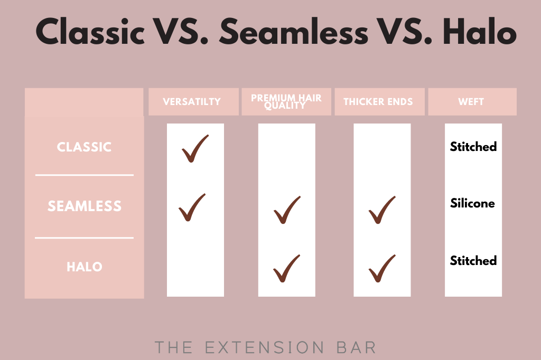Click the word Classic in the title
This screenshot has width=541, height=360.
(x=90, y=31)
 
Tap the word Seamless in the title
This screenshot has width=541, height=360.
(x=294, y=31)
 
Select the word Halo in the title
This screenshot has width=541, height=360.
(x=480, y=31)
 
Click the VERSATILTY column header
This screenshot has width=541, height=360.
(x=192, y=102)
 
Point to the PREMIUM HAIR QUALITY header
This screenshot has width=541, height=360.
(x=286, y=102)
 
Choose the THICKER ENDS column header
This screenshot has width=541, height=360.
(x=378, y=102)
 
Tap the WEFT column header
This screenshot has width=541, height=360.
(x=471, y=102)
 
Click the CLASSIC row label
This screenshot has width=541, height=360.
(x=84, y=147)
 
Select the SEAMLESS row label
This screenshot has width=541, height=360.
(x=85, y=206)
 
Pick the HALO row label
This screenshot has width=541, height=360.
(x=85, y=267)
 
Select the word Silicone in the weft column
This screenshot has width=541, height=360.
(x=472, y=203)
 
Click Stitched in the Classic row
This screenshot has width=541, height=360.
(x=473, y=147)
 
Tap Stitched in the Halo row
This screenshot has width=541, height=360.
(x=473, y=260)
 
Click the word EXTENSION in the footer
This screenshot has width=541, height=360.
(x=265, y=347)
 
